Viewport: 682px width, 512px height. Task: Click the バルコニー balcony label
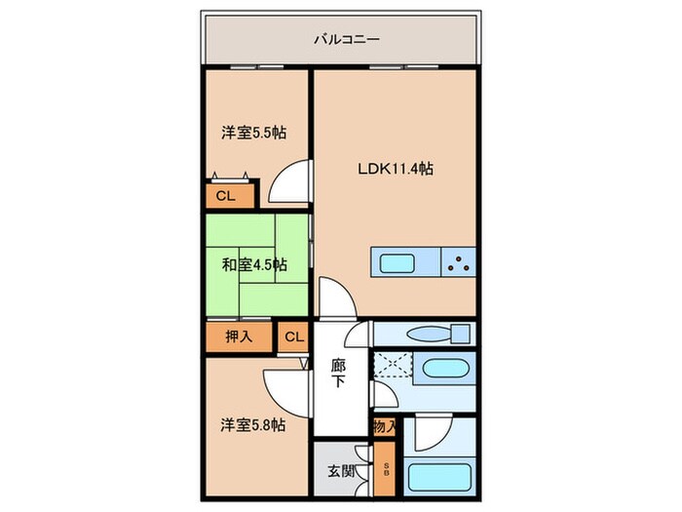[x=347, y=40]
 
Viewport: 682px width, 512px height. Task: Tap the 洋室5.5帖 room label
[x=254, y=133]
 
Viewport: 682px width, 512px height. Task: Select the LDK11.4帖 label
[x=395, y=169]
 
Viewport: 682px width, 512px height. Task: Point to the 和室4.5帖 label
[x=254, y=264]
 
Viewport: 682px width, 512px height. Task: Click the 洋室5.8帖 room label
[x=253, y=425]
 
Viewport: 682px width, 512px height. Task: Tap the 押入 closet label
[x=239, y=336]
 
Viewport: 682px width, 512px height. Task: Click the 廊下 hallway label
[x=338, y=374]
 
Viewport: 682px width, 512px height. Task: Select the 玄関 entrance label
[x=341, y=471]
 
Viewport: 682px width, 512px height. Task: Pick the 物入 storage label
[x=385, y=427]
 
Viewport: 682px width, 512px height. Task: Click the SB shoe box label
[x=387, y=469]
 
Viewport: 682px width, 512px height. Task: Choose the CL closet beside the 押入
[x=294, y=336]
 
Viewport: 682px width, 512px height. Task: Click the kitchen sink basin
[x=398, y=263]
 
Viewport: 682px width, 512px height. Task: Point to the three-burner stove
[x=459, y=262]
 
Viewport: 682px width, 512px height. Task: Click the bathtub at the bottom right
[x=439, y=477]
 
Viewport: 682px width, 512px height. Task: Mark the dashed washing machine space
[x=393, y=366]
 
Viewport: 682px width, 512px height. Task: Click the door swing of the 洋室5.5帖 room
[x=289, y=181]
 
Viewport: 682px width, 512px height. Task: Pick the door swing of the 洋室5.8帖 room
[x=286, y=394]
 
